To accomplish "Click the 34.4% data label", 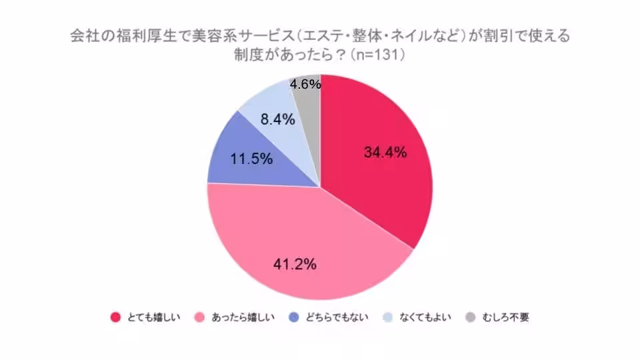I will tap(385, 152).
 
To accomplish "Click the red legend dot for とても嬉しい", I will tap(115, 317).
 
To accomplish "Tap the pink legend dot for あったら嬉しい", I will tap(198, 317).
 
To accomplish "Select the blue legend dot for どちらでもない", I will tap(294, 317).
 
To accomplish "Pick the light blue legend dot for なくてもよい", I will tap(391, 317).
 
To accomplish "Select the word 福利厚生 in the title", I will tap(149, 37).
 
